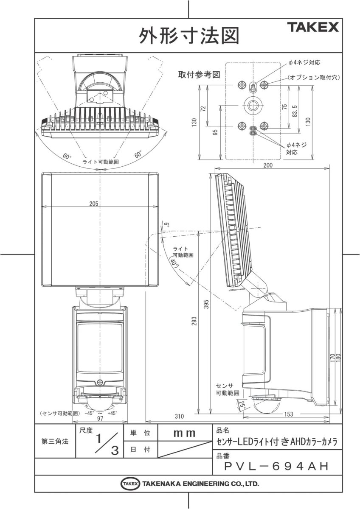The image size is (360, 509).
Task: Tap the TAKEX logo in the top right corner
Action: (314, 28)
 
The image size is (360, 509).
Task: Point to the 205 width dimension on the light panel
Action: (94, 204)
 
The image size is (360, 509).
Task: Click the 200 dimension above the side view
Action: (268, 166)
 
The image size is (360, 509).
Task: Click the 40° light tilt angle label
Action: (173, 263)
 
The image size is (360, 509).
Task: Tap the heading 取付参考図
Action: (199, 75)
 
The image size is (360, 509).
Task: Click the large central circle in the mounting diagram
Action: (253, 105)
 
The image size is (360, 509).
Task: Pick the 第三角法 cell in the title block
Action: (55, 441)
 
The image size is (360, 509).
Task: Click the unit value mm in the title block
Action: (184, 433)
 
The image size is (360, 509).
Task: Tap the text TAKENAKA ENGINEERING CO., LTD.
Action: (200, 484)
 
